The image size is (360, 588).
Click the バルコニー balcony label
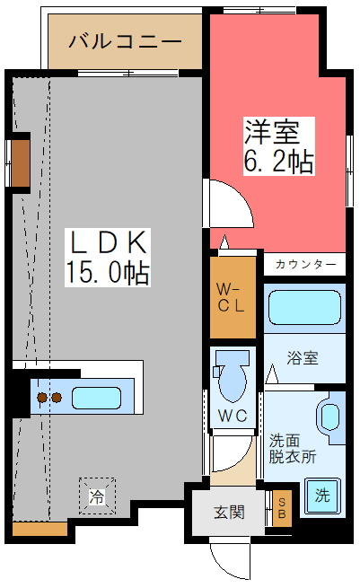click(x=126, y=41)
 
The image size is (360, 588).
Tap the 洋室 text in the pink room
click(x=272, y=131)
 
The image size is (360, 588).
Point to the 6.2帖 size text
click(x=278, y=161)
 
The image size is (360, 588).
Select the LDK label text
click(x=108, y=242)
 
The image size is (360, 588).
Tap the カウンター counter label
click(x=305, y=264)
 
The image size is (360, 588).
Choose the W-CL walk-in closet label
click(x=231, y=298)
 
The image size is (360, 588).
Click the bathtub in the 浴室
click(x=304, y=307)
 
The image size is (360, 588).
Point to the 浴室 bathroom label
click(x=303, y=357)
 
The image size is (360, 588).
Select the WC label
click(x=233, y=416)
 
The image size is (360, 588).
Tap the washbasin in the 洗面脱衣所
click(x=330, y=417)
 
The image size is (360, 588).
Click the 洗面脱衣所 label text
click(x=293, y=449)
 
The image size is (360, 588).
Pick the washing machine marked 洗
click(x=322, y=496)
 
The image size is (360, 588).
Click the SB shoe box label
click(x=282, y=508)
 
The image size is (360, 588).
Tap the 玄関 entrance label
click(x=229, y=512)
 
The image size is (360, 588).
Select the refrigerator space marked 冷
click(x=97, y=496)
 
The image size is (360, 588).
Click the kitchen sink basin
click(x=96, y=398)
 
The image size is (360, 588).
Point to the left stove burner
click(x=42, y=398)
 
